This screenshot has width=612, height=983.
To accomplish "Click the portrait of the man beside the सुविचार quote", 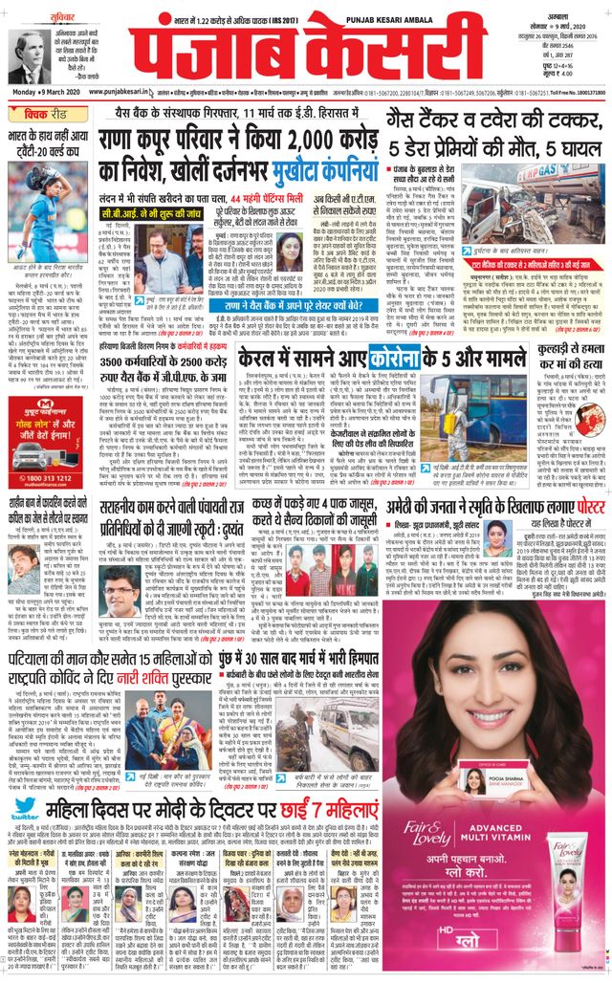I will [28, 56].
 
